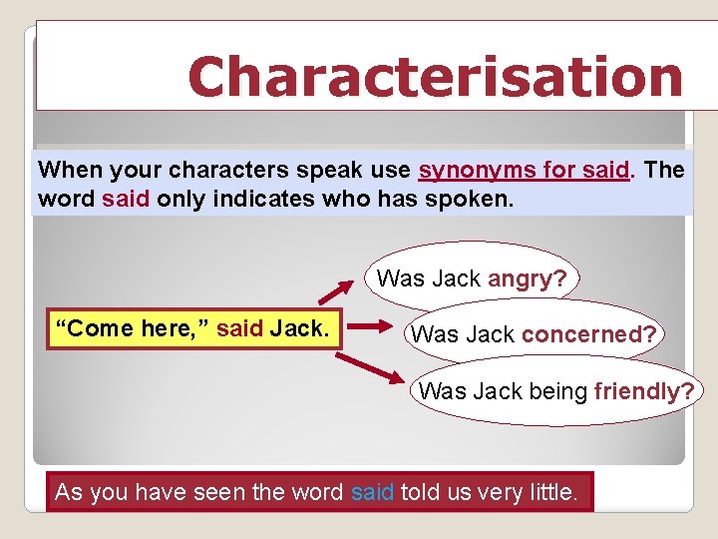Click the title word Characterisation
pyautogui.click(x=435, y=78)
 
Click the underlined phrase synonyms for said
pyautogui.click(x=525, y=170)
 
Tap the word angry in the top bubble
pyautogui.click(x=528, y=278)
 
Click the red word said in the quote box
pyautogui.click(x=238, y=327)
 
